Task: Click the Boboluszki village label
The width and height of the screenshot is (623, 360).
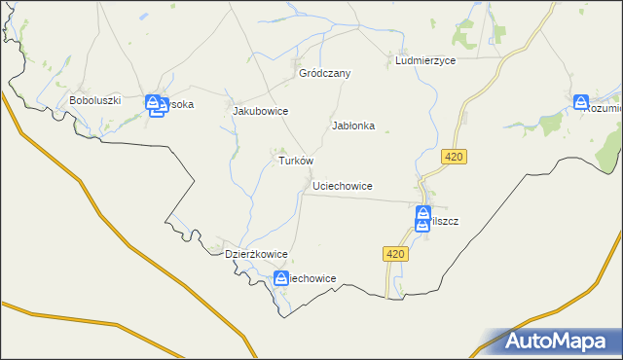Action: [x=94, y=100]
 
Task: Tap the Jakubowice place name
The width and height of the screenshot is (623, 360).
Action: [x=260, y=111]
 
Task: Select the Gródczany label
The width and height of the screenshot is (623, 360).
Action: [x=324, y=73]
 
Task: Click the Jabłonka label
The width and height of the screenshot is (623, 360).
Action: [x=353, y=126]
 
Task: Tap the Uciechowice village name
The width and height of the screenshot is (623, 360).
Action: [x=343, y=185]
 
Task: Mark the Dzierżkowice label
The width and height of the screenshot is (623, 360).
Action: [x=256, y=254]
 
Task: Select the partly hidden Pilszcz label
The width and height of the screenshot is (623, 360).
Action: [x=444, y=221]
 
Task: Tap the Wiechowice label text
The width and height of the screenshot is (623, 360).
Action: [x=310, y=278]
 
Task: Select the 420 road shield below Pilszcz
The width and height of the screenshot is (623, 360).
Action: [x=393, y=254]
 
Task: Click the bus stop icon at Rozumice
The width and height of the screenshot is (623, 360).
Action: [x=581, y=101]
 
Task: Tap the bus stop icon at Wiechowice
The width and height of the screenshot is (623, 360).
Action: [x=280, y=278]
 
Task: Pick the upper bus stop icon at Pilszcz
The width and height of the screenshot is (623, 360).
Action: [x=423, y=213]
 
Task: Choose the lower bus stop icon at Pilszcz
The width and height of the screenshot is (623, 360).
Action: [x=422, y=225]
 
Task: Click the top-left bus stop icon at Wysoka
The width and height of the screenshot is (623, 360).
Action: [x=154, y=101]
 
